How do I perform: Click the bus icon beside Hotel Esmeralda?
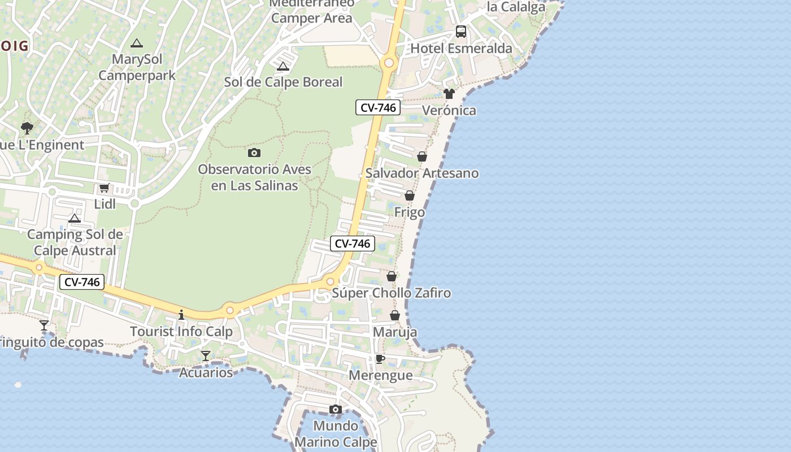click(x=461, y=32)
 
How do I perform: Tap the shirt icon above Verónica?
click(x=449, y=94)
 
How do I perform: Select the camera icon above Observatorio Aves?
click(x=254, y=153)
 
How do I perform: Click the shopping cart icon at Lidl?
click(x=104, y=188)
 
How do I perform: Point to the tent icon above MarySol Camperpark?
click(x=136, y=43)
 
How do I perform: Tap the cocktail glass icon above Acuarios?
click(x=206, y=356)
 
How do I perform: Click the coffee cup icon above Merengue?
click(x=380, y=359)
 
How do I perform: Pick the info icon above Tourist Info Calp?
click(x=181, y=315)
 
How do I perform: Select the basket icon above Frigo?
click(x=410, y=195)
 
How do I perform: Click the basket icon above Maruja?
click(x=395, y=315)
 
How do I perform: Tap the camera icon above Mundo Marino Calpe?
click(x=336, y=409)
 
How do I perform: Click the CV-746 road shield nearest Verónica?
click(x=378, y=107)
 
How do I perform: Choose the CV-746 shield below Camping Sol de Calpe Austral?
click(x=82, y=282)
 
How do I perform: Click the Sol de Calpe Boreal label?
click(x=283, y=82)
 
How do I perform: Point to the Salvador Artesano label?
click(x=422, y=173)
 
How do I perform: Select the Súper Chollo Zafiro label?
click(x=392, y=293)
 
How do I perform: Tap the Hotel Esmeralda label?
click(x=461, y=49)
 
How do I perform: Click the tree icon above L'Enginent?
click(x=27, y=128)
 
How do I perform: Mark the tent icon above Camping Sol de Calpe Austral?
click(x=75, y=219)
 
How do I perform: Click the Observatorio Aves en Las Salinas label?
click(x=254, y=177)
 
